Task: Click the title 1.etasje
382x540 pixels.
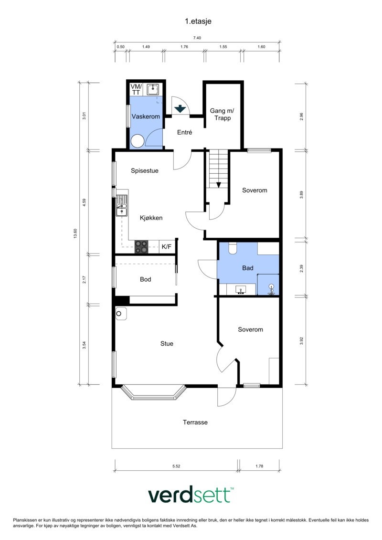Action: tap(198, 21)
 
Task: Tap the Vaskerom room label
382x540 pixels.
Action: tap(146, 116)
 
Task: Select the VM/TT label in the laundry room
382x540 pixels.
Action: tap(136, 90)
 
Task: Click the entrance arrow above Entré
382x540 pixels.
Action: tap(180, 109)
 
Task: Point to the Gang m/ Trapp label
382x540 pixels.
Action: tap(222, 114)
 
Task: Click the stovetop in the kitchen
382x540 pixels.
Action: tap(141, 247)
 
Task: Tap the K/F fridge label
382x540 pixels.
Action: tap(166, 246)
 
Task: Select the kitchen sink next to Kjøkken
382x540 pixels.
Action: tap(122, 206)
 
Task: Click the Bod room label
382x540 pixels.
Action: tap(145, 279)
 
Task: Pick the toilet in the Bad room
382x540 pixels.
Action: tap(233, 248)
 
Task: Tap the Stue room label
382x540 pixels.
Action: tap(167, 343)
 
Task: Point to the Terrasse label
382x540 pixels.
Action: tap(195, 422)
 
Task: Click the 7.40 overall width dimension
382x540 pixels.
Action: tap(197, 38)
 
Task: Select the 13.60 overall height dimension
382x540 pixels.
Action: tap(75, 233)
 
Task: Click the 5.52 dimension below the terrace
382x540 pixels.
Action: tap(176, 466)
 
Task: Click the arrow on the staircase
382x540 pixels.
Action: tap(218, 185)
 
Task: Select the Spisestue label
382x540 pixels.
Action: tap(145, 170)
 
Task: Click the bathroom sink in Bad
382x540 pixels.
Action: tap(241, 290)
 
